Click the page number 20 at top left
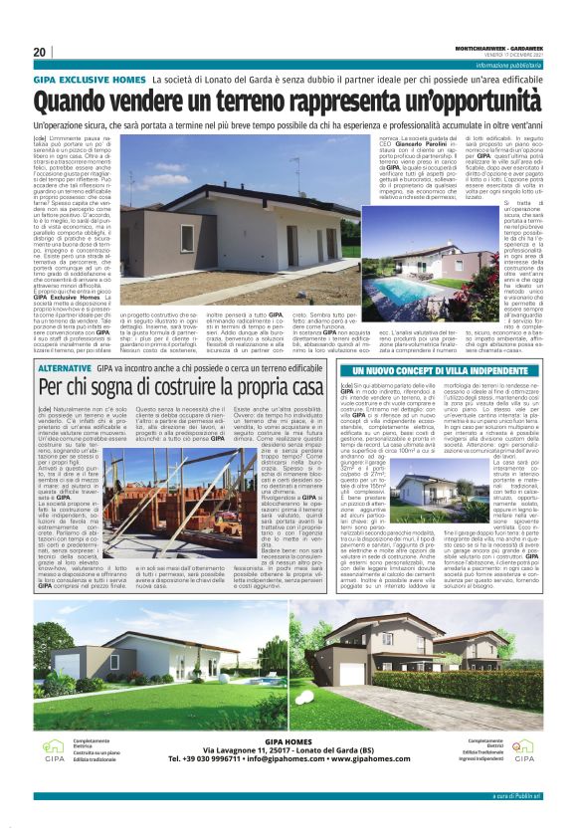41,52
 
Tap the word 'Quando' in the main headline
77,102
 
